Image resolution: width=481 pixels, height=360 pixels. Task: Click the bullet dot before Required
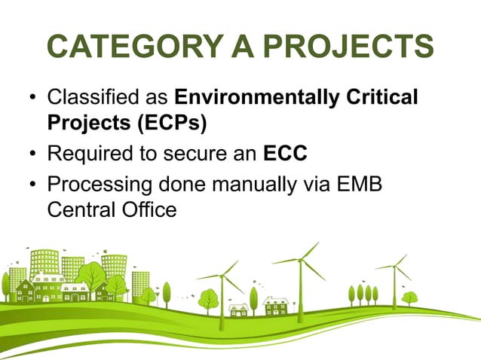(32, 155)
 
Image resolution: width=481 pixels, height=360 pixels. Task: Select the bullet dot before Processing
(32, 184)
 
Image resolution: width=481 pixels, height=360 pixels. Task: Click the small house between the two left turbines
(239, 309)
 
